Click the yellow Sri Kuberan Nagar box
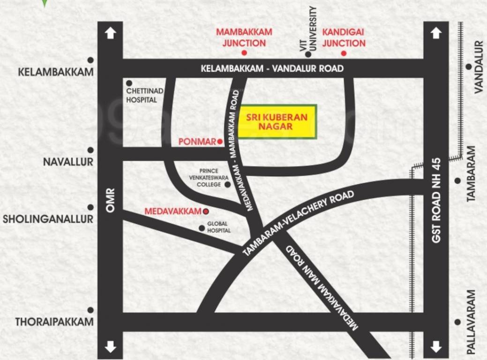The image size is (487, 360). (277, 121)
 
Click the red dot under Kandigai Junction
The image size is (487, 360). (344, 53)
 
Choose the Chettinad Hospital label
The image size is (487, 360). (142, 96)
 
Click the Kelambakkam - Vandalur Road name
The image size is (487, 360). (272, 68)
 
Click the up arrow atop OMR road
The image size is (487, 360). (110, 33)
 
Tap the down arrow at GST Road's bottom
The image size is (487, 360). (436, 347)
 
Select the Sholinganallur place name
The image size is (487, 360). (48, 219)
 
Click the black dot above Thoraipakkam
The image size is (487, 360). (90, 310)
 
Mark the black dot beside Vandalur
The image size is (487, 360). (468, 67)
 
